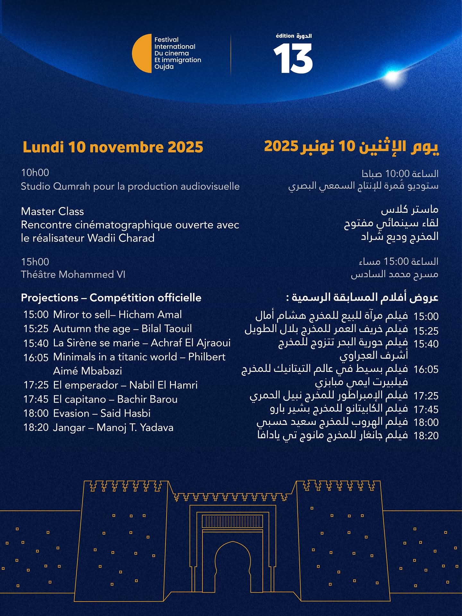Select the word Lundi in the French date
point(43,147)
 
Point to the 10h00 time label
point(35,173)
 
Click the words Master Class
point(52,211)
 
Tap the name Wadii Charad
point(121,238)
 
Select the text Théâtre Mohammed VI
point(73,275)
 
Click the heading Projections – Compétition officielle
point(111,298)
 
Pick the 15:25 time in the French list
point(36,329)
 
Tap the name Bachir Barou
point(147,399)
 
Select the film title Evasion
point(71,413)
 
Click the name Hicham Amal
point(150,314)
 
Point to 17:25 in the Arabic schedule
point(426,396)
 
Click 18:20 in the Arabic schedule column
point(426,436)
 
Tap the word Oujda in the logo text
point(164,67)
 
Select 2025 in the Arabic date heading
point(281,146)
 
